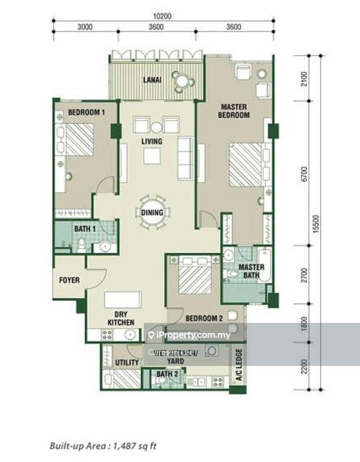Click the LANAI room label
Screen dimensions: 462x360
(152, 80)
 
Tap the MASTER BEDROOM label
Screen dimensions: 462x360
(233, 111)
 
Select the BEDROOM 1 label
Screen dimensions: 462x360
(86, 112)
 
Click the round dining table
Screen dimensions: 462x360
(152, 213)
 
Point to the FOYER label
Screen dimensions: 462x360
(69, 280)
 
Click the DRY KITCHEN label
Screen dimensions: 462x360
(121, 318)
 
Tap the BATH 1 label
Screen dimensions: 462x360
(84, 229)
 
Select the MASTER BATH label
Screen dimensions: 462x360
(251, 271)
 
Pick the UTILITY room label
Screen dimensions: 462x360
(127, 363)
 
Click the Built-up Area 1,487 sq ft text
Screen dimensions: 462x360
(103, 445)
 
